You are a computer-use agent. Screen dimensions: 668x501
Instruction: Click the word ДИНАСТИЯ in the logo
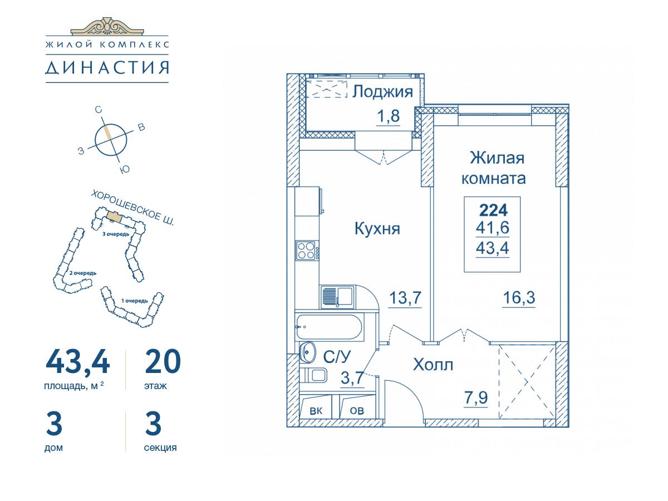point(107,68)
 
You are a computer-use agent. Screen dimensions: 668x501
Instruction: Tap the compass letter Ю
point(125,170)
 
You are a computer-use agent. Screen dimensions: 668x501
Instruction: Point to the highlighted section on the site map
point(114,217)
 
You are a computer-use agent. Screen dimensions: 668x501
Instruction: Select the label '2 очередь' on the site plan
point(83,273)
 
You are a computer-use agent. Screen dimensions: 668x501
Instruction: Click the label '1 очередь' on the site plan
point(135,301)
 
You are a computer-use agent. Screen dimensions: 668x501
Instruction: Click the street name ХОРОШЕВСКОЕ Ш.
point(132,208)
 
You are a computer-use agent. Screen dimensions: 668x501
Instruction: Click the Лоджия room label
point(382,92)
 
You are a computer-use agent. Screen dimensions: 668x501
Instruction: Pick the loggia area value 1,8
point(387,116)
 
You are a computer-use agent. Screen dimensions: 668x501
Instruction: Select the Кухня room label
point(377,229)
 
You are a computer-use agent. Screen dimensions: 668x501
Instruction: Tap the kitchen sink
point(337,297)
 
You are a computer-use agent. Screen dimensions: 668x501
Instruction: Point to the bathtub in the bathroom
point(329,327)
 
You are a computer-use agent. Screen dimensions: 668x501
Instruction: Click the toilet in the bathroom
point(313,375)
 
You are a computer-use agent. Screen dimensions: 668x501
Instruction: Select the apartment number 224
point(494,210)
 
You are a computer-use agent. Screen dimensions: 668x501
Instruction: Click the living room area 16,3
point(519,297)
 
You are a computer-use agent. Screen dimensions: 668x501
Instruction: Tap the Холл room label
point(433,365)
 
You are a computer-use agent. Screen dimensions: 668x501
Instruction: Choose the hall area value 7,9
point(475,397)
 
